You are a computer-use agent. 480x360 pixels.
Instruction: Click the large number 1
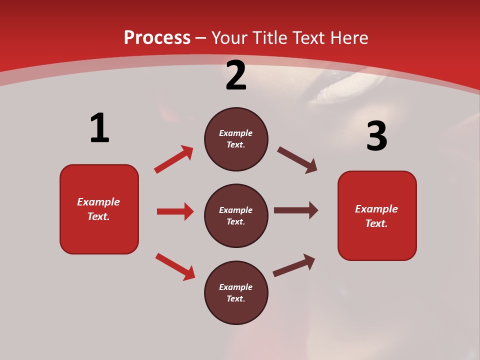pyautogui.click(x=99, y=128)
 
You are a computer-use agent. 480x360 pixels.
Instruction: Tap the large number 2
pyautogui.click(x=236, y=75)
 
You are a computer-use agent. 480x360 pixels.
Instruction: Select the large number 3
pyautogui.click(x=376, y=136)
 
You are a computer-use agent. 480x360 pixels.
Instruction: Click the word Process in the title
pyautogui.click(x=157, y=37)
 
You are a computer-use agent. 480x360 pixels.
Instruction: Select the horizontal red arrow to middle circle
pyautogui.click(x=175, y=211)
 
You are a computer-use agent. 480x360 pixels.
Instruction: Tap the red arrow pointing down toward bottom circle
pyautogui.click(x=175, y=266)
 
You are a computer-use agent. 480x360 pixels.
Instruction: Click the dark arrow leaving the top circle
pyautogui.click(x=297, y=160)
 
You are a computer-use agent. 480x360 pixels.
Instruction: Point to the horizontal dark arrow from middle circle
pyautogui.click(x=296, y=210)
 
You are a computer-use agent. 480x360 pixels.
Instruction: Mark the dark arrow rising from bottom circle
pyautogui.click(x=294, y=265)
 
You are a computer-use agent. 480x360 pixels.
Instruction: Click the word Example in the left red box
pyautogui.click(x=98, y=202)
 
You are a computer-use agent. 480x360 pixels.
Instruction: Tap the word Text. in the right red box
pyautogui.click(x=376, y=223)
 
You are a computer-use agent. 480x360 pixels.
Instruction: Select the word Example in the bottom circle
pyautogui.click(x=236, y=287)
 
